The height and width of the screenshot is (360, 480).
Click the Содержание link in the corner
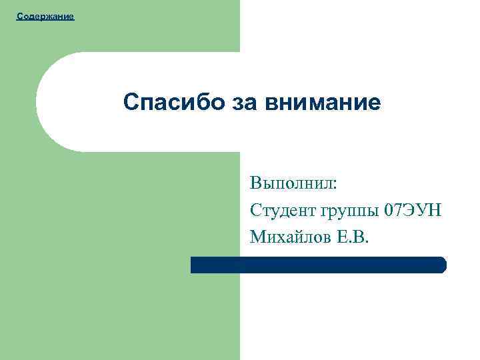click(45, 15)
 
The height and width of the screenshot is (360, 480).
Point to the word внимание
click(323, 103)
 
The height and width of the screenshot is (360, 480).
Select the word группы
click(347, 211)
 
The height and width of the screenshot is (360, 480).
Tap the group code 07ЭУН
click(413, 211)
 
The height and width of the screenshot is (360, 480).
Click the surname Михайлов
click(290, 237)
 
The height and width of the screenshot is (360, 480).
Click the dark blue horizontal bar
click(318, 265)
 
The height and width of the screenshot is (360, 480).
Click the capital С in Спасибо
click(131, 103)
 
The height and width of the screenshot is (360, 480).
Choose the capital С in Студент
click(257, 211)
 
